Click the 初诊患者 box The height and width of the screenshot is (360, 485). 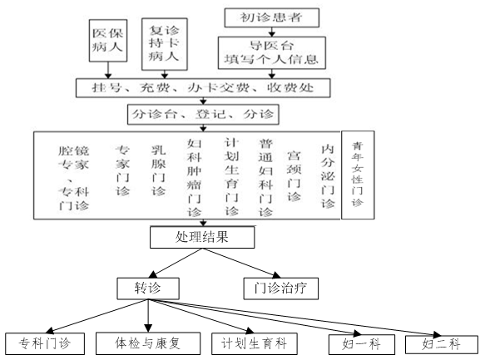(271, 17)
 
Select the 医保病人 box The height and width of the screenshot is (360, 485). (108, 41)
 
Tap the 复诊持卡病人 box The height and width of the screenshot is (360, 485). (165, 44)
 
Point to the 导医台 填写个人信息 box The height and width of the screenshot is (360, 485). (271, 53)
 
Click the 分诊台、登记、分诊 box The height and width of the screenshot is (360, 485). (203, 115)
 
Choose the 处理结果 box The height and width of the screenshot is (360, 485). (202, 237)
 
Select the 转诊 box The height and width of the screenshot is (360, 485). (148, 288)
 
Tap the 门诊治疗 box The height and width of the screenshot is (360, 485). (281, 288)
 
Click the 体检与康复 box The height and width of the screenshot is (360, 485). (148, 343)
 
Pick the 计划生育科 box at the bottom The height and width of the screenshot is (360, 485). (255, 343)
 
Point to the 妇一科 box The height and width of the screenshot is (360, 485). (362, 344)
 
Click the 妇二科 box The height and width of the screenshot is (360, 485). (442, 344)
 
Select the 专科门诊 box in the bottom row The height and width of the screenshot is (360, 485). (45, 343)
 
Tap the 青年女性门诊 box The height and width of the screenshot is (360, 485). (358, 175)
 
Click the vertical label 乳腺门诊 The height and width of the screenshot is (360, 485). (159, 171)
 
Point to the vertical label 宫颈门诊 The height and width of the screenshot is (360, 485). (294, 175)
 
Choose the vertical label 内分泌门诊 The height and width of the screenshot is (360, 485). (328, 175)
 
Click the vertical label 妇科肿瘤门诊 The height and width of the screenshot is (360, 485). (194, 178)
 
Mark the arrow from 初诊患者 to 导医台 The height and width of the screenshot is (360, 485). (271, 32)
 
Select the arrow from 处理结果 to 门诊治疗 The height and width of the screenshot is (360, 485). (241, 263)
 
